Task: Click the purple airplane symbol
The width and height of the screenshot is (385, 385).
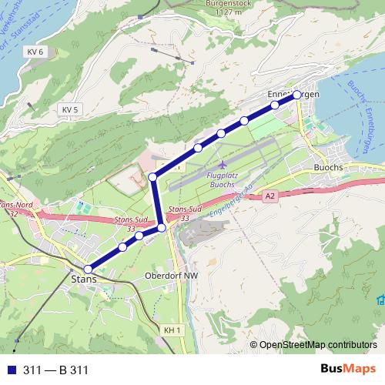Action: point(223,165)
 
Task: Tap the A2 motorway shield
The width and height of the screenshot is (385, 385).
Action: point(269,197)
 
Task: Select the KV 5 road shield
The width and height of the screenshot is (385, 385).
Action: point(71,110)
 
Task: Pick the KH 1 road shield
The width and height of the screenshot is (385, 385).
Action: point(172,330)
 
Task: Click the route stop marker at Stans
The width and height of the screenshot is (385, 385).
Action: point(89,269)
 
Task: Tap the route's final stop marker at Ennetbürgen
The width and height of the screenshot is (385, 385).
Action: point(297,95)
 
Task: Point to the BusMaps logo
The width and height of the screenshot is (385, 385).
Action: point(347,369)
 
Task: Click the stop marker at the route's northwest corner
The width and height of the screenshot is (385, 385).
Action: point(152,178)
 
